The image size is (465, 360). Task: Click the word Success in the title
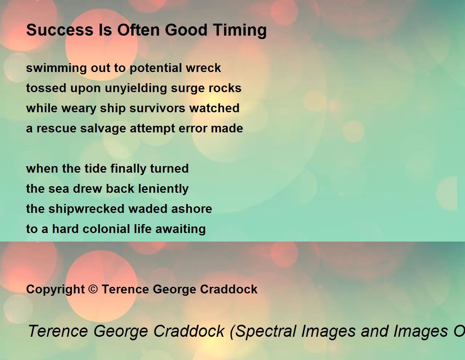point(60,30)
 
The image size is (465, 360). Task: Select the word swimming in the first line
point(56,69)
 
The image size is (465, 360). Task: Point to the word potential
point(155,69)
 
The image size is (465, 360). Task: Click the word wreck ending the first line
point(203,68)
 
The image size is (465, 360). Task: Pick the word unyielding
point(136,89)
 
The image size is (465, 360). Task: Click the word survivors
point(157,108)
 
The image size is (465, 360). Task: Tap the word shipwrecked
point(86,209)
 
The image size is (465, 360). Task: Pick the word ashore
point(191,209)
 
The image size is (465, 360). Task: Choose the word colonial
point(106,229)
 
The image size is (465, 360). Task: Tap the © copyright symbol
point(93,290)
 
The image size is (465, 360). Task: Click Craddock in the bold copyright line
point(229,289)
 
